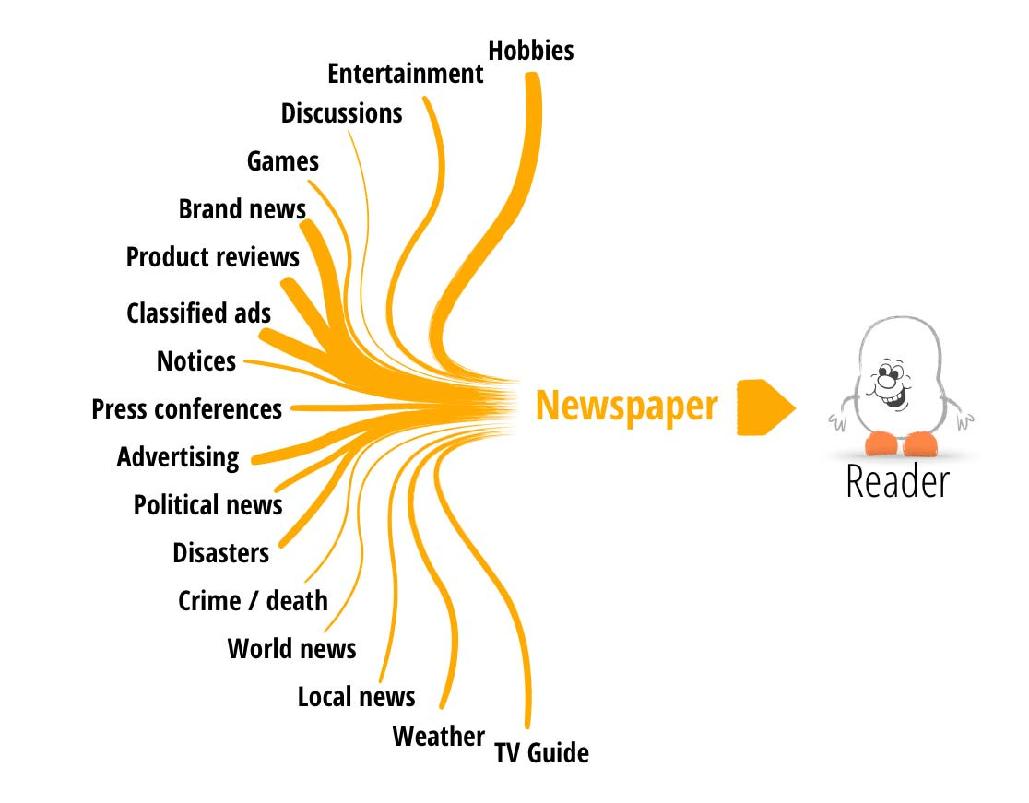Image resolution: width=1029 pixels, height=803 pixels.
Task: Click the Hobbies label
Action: tap(530, 51)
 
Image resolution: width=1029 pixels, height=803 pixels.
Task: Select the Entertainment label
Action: tap(405, 74)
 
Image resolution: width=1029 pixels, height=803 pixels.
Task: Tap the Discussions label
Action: tap(341, 113)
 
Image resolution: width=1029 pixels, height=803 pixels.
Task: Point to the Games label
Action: tap(282, 162)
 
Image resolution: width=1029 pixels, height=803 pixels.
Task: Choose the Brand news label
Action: tap(242, 209)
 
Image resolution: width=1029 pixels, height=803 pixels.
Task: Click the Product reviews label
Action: tap(212, 257)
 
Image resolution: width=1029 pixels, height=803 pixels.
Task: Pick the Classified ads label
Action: tap(198, 313)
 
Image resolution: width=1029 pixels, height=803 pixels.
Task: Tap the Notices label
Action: tap(195, 361)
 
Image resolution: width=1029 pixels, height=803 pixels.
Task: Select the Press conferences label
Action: tap(186, 408)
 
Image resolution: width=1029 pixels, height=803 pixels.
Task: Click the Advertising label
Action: tap(177, 457)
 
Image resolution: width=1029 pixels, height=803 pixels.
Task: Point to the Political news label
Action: tap(207, 505)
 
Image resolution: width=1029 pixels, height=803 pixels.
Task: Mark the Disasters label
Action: tap(220, 553)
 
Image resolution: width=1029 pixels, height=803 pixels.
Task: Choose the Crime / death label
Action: tap(253, 601)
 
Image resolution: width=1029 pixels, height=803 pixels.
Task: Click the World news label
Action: tap(291, 649)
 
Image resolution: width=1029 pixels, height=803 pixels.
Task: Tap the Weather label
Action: tap(438, 737)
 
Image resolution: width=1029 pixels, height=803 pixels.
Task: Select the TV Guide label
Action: tap(541, 753)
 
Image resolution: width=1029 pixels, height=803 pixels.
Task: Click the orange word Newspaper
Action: tap(626, 406)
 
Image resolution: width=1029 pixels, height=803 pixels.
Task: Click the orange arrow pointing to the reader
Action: tap(764, 407)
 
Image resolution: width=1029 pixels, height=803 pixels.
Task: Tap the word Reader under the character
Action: tap(896, 482)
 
